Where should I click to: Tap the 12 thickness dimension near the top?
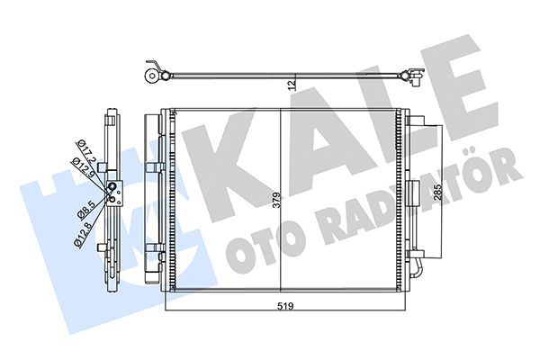pos(290,85)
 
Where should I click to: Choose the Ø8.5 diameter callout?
pos(83,209)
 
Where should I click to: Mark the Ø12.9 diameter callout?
pos(81,166)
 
